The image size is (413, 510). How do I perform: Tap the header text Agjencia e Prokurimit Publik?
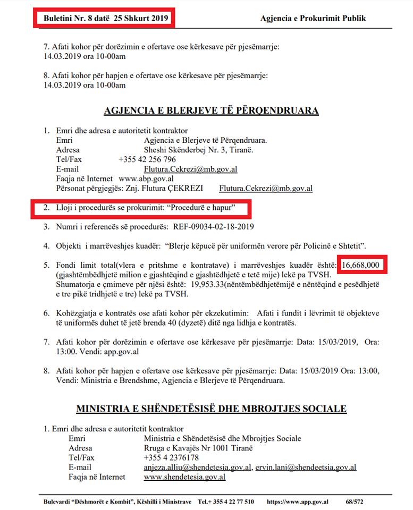point(313,18)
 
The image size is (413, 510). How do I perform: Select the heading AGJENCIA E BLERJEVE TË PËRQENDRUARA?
point(211,110)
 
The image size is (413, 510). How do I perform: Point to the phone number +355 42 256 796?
point(147,159)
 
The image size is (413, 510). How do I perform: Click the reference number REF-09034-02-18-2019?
point(214,227)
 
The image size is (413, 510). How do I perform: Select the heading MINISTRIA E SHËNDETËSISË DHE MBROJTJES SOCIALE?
point(211,409)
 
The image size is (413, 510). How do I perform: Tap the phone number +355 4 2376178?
point(171,457)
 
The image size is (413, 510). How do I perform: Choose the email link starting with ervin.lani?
point(306,467)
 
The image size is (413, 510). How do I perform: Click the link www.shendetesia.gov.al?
point(184,477)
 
